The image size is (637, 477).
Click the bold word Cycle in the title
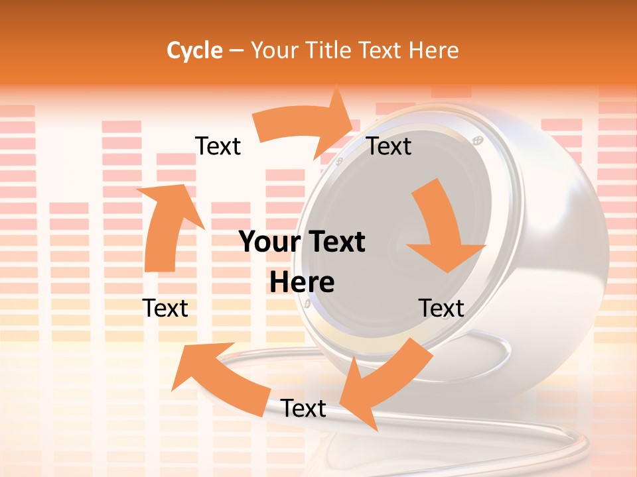click(x=194, y=50)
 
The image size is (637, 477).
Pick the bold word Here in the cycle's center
click(x=302, y=282)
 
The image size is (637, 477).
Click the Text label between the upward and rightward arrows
click(x=218, y=146)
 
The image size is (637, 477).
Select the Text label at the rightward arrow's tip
click(x=389, y=146)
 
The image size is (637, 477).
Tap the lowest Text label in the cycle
click(x=303, y=408)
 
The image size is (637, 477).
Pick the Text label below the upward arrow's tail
click(x=165, y=308)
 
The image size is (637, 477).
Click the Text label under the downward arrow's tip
click(x=441, y=308)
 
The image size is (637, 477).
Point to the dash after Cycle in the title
click(x=236, y=51)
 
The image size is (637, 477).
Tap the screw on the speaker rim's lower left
click(x=307, y=303)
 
